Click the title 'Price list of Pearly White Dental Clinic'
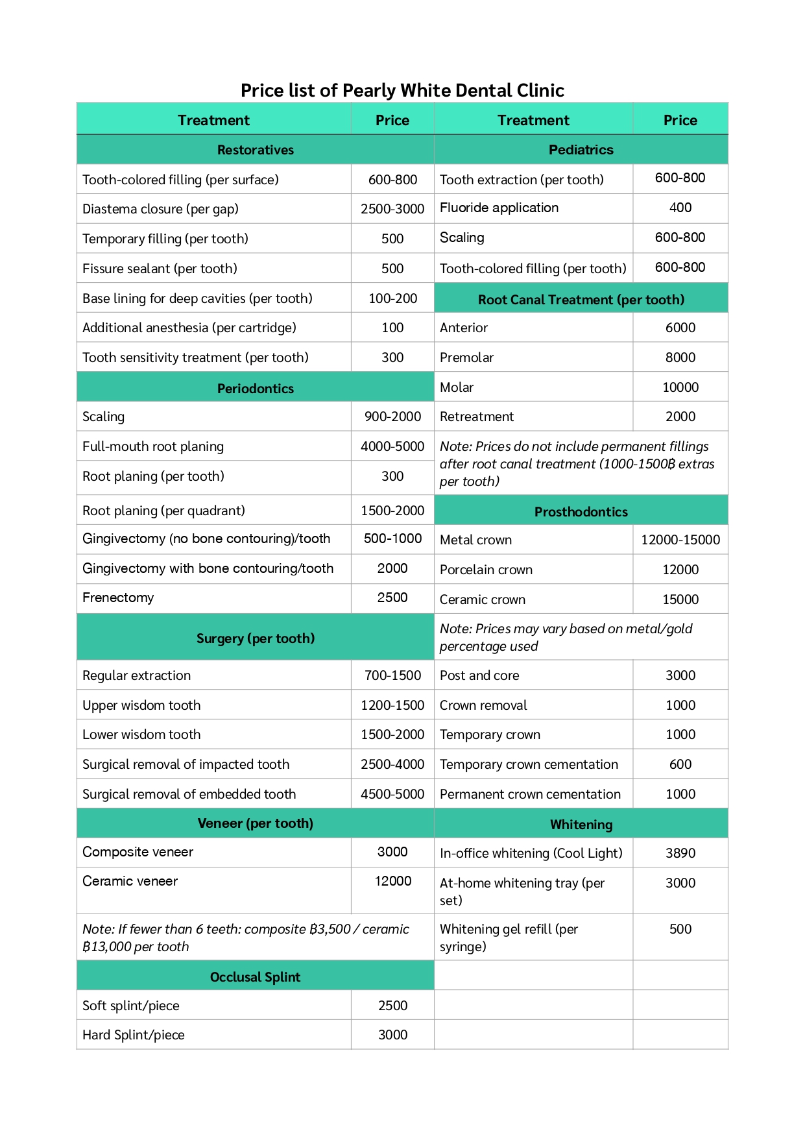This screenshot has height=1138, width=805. tap(402, 90)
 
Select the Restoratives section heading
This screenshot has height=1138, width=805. tap(255, 150)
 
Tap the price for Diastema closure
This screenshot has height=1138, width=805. tap(392, 209)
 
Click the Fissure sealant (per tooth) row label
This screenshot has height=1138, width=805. tap(160, 269)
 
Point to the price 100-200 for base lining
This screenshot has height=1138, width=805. tap(392, 298)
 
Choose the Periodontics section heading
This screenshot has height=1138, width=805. tap(255, 389)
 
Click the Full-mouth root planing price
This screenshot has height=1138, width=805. tap(392, 446)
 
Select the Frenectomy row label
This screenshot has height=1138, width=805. tap(118, 598)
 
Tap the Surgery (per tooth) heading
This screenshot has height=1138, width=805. tap(255, 638)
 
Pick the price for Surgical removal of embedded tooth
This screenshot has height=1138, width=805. tap(392, 794)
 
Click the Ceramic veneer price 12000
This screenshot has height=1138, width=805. tap(392, 881)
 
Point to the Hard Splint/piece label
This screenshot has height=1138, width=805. tap(134, 1035)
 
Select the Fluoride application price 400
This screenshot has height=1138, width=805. tap(680, 208)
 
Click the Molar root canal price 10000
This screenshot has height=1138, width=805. tap(680, 387)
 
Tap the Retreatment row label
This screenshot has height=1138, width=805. tap(477, 417)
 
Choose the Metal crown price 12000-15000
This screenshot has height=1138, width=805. tap(680, 540)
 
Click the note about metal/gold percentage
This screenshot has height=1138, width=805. tap(566, 637)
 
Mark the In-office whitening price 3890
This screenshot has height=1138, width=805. tap(680, 853)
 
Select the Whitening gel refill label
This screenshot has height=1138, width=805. tap(509, 938)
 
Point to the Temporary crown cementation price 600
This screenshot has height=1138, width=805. tap(680, 764)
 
